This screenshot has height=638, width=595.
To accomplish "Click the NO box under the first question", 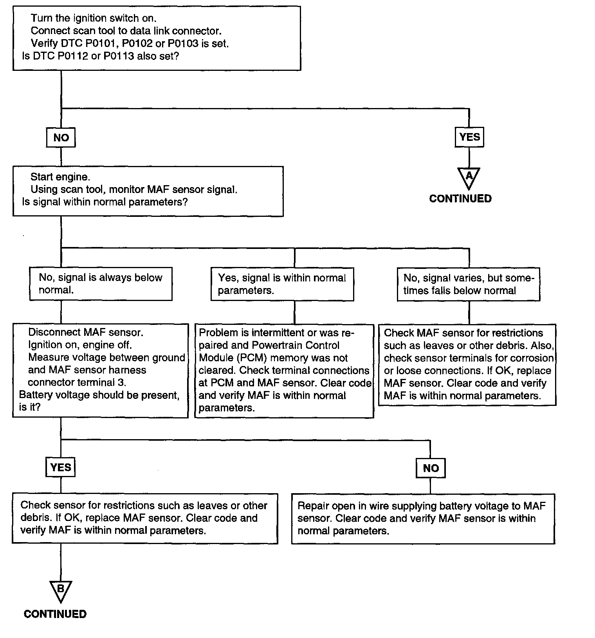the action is point(61,137).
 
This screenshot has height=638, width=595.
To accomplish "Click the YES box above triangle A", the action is point(469,137).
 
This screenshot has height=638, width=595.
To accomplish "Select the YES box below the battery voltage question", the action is point(61,467).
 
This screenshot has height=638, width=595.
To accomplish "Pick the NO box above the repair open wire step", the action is point(431,468).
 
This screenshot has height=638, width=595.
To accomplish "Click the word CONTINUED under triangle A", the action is point(460,198).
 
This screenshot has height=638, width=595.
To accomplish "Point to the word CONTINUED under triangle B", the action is point(55,614).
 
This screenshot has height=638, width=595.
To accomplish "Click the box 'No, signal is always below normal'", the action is point(101,284).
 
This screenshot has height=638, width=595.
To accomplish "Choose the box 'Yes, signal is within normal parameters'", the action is point(282,284).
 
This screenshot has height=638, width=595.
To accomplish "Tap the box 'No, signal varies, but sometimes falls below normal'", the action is point(469,284).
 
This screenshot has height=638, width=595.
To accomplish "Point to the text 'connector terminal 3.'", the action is point(77,382).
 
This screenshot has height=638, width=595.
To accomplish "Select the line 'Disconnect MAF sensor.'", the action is point(86,332).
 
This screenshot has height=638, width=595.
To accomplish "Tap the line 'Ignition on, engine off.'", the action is point(80,345).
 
